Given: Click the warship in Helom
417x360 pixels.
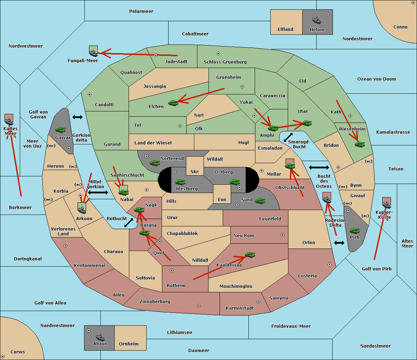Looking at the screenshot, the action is coord(317,20).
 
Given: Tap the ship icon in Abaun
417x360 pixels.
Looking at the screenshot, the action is coord(100,337).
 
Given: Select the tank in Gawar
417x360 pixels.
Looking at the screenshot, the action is coord(60,129).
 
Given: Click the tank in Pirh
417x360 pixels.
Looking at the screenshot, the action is coord(354,231).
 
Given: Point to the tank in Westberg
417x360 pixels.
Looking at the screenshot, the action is coord(180,182).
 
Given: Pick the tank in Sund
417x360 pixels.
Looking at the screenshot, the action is coord(260,201).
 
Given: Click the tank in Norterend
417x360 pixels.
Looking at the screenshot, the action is coord(155,163).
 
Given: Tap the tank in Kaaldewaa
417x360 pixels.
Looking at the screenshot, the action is coord(250,254).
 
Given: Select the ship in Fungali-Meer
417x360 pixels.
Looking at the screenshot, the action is coord(93,53).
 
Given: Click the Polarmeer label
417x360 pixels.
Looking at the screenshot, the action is coord(141,11).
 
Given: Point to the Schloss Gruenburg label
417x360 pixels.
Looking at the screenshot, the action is coord(225,62).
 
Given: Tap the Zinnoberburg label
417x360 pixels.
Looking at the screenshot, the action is coord(155,302).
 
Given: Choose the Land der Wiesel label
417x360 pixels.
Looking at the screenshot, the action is coord(153,143).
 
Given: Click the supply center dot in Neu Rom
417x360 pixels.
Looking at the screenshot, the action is coord(283,235).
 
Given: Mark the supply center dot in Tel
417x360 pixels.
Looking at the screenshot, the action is coord(180,126).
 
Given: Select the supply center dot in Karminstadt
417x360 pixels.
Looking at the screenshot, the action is coord(258,302).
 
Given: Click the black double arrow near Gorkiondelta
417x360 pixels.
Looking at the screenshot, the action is coord(77,117).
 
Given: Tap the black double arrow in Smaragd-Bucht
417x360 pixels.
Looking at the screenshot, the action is coord(288,137).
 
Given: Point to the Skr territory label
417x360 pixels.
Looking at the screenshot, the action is coord(195,171).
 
